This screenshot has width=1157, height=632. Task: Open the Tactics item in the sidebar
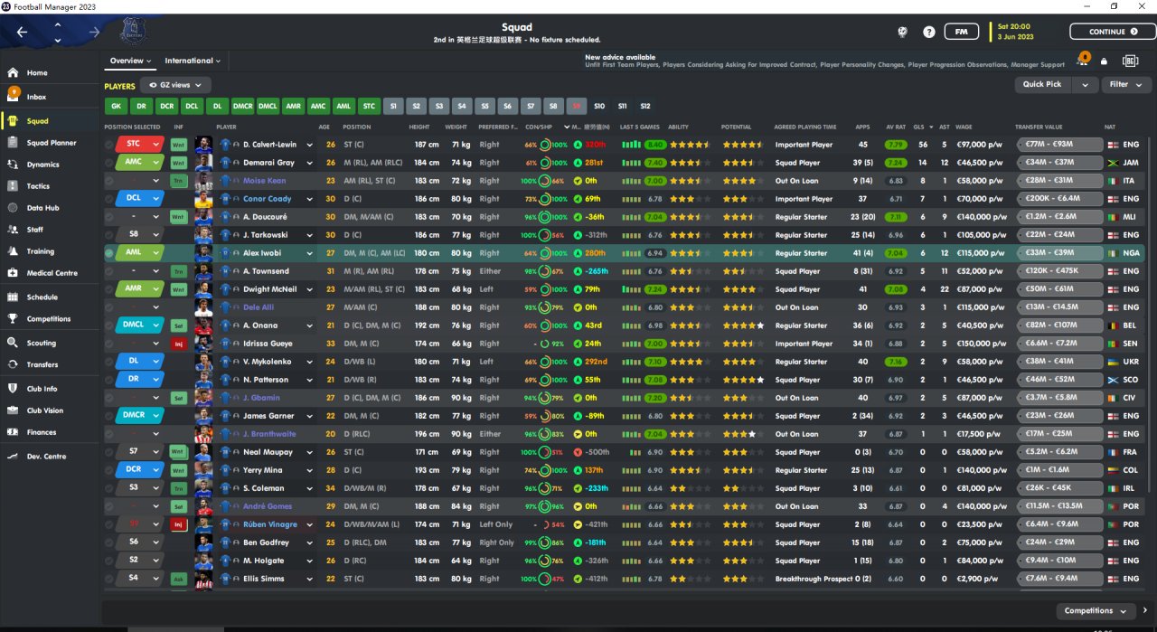point(38,186)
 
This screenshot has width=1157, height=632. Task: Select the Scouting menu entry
point(41,343)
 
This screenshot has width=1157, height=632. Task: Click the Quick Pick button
point(1042,84)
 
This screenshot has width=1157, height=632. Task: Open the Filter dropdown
point(1124,84)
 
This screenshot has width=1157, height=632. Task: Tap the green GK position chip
point(116,106)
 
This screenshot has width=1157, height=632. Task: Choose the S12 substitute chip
point(645,106)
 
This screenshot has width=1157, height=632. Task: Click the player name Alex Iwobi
point(263,253)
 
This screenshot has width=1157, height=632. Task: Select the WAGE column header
point(964,127)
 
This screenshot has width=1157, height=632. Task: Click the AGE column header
point(324,127)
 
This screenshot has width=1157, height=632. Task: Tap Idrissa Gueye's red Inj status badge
point(179,344)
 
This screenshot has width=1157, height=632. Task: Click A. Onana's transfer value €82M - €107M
point(1060,325)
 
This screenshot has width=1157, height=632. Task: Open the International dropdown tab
point(193,61)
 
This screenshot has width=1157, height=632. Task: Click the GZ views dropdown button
point(175,85)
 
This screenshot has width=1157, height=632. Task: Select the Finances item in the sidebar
point(41,432)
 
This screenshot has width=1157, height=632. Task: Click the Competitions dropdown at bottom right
point(1096,611)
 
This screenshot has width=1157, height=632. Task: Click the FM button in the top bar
point(961,32)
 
